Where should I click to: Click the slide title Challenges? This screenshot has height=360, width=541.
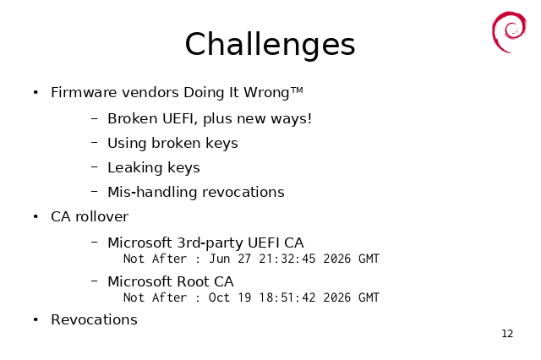pos(270,45)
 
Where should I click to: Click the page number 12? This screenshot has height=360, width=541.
pos(507,334)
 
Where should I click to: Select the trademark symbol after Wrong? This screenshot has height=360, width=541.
pos(297,90)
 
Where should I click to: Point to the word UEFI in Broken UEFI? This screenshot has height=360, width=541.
pos(179,118)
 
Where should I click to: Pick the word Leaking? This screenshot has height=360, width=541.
pos(135,168)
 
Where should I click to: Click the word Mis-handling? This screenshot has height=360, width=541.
pos(152,193)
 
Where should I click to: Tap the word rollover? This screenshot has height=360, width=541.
pos(101,216)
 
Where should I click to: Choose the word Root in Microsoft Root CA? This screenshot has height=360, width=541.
pos(192,281)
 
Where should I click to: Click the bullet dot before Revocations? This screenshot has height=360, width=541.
pos(36,319)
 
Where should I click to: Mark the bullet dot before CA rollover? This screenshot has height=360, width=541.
pos(36,216)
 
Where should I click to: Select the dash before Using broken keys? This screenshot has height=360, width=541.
pos(95,143)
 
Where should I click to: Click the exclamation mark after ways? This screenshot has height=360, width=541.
pos(309,118)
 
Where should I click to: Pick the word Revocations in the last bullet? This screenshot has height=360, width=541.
pos(94,319)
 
